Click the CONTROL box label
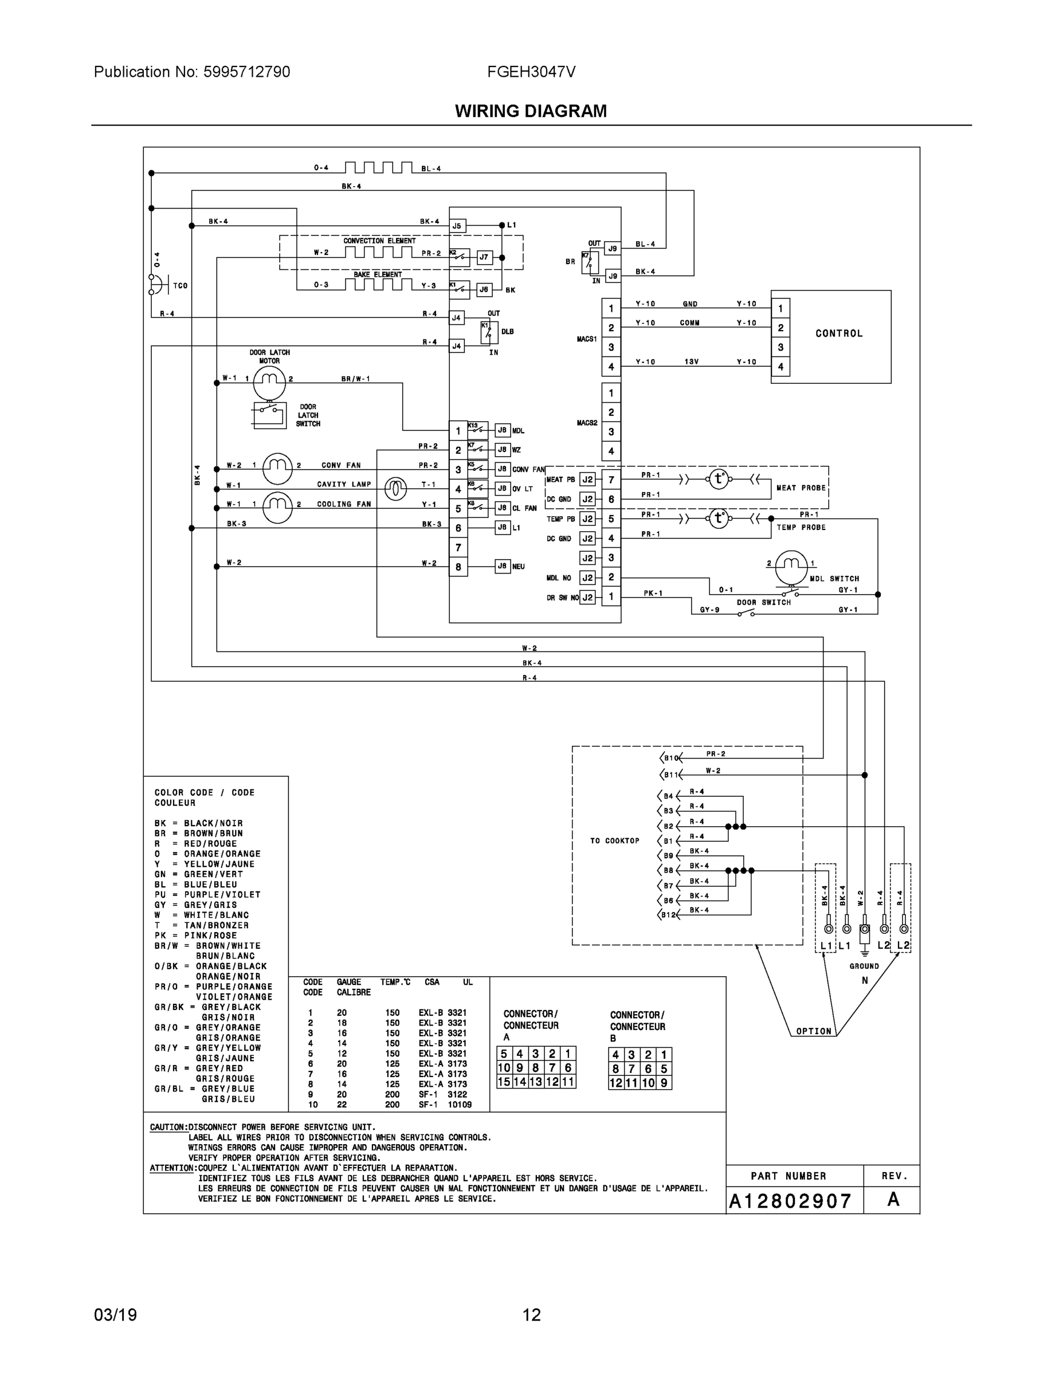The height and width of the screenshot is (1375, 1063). (839, 333)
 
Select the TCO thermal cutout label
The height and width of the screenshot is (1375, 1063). (180, 286)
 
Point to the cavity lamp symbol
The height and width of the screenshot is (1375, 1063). (395, 488)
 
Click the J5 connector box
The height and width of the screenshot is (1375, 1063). (457, 226)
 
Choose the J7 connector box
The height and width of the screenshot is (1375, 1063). (484, 257)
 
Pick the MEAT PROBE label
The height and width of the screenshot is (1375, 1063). (801, 488)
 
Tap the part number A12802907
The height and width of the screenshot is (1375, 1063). (790, 1201)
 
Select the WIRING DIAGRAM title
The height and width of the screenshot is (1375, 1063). (531, 112)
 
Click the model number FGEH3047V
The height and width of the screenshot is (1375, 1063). (531, 72)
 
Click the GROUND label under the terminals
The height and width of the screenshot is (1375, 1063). (864, 967)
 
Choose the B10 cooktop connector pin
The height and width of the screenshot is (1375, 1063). (670, 758)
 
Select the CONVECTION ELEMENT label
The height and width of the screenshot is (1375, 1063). (379, 241)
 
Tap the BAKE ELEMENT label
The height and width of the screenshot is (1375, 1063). (377, 274)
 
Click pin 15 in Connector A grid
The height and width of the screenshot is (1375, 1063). (504, 1082)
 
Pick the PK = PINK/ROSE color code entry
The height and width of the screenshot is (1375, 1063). (195, 936)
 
